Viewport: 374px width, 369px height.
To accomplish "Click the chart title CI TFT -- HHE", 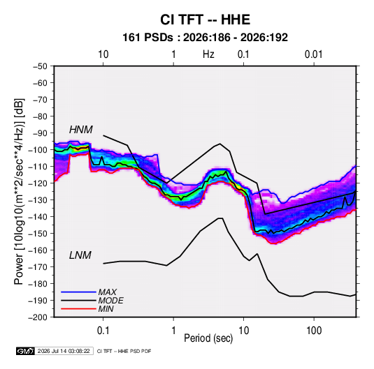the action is pos(205,20).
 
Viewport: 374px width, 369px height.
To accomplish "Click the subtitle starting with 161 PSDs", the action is pos(205,38).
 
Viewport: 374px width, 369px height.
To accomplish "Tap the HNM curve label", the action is pos(81,130).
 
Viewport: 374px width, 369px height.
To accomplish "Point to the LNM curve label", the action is pos(80,255).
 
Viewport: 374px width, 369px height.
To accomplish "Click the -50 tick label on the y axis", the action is pos(40,66).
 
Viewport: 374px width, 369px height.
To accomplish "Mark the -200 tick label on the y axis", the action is pos(38,317).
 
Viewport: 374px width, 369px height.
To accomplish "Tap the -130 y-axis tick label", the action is pos(38,200).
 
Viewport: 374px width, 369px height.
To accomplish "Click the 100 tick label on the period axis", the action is pos(314,331).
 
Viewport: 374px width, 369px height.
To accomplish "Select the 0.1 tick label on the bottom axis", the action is pos(103,331).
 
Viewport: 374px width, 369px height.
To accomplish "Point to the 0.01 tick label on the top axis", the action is pos(314,54).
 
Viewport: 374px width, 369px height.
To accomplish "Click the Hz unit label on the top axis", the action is pos(208,54).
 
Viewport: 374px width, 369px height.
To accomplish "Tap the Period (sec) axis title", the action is pos(208,338).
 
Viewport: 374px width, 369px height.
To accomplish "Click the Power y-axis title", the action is pos(19,192).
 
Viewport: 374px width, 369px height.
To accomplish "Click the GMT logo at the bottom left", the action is pos(25,351).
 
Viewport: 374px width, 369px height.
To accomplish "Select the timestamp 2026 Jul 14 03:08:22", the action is pos(64,351).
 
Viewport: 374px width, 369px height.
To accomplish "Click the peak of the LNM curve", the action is pos(220,218).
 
